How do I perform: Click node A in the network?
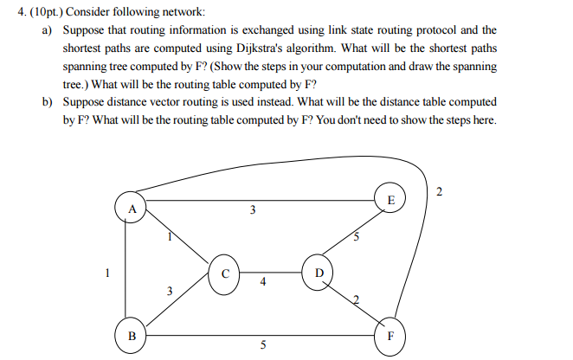131,209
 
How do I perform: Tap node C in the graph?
223,275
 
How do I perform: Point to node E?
390,200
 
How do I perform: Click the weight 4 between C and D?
262,283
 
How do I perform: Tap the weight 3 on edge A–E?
252,210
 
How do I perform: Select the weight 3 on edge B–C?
170,292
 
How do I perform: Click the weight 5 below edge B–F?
263,347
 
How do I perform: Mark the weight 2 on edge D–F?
355,300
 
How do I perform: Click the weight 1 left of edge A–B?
106,273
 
